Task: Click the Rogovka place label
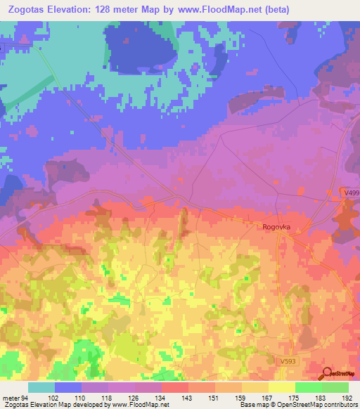(x=276, y=226)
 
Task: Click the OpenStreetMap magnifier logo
(x=327, y=373)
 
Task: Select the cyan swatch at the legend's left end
(x=41, y=387)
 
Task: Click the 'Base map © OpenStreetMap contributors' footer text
(x=297, y=405)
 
